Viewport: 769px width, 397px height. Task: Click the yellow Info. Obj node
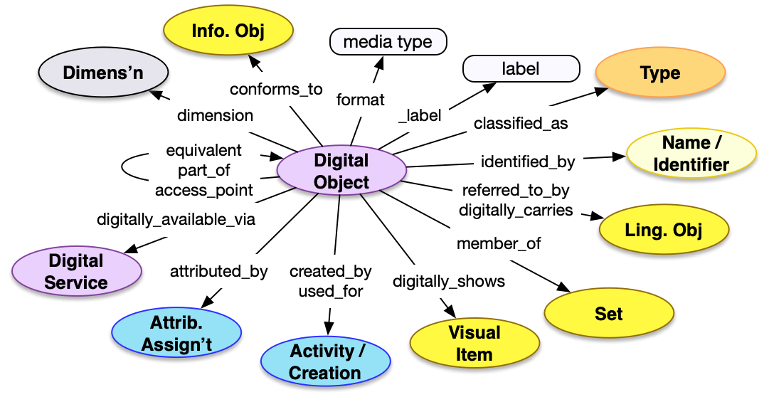pyautogui.click(x=228, y=32)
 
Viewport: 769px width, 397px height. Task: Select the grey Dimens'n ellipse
pyautogui.click(x=103, y=73)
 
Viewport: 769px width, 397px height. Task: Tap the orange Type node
pyautogui.click(x=659, y=73)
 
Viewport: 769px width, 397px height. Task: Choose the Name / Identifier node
pyautogui.click(x=690, y=154)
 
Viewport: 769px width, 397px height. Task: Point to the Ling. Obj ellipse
pyautogui.click(x=664, y=231)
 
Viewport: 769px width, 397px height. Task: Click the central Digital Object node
pyautogui.click(x=341, y=171)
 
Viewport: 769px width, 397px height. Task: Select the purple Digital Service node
pyautogui.click(x=76, y=272)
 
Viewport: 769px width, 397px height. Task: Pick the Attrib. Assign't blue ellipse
pyautogui.click(x=176, y=334)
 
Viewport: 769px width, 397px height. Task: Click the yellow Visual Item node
pyautogui.click(x=474, y=343)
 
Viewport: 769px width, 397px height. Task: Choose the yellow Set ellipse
pyautogui.click(x=608, y=314)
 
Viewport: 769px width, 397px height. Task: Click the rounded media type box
pyautogui.click(x=388, y=42)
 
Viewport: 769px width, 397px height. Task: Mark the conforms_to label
pyautogui.click(x=276, y=90)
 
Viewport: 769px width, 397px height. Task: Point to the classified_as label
pyautogui.click(x=521, y=123)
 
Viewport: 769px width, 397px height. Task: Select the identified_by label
pyautogui.click(x=528, y=162)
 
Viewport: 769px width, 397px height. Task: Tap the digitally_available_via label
pyautogui.click(x=176, y=218)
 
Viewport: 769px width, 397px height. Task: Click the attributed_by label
pyautogui.click(x=218, y=271)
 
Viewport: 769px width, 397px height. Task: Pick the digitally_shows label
pyautogui.click(x=449, y=281)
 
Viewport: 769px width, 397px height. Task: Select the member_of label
pyautogui.click(x=499, y=244)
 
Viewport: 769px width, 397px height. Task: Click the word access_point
pyautogui.click(x=204, y=190)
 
